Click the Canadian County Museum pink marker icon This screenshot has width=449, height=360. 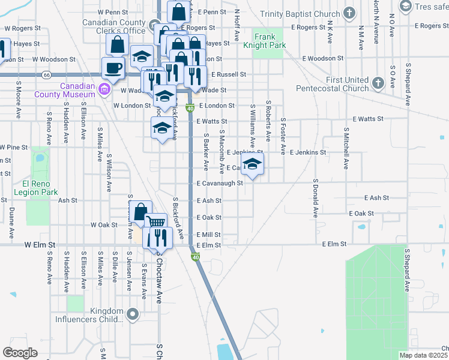pyautogui.click(x=104, y=90)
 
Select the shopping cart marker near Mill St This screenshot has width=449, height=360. pyautogui.click(x=155, y=224)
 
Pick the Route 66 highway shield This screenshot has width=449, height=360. pyautogui.click(x=46, y=74)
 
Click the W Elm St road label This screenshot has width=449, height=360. pyautogui.click(x=40, y=245)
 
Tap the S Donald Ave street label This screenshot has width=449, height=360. pyautogui.click(x=315, y=197)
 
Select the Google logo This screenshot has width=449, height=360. pyautogui.click(x=20, y=352)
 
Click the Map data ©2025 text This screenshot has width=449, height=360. pyautogui.click(x=423, y=355)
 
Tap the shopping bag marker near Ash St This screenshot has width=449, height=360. pyautogui.click(x=140, y=212)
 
